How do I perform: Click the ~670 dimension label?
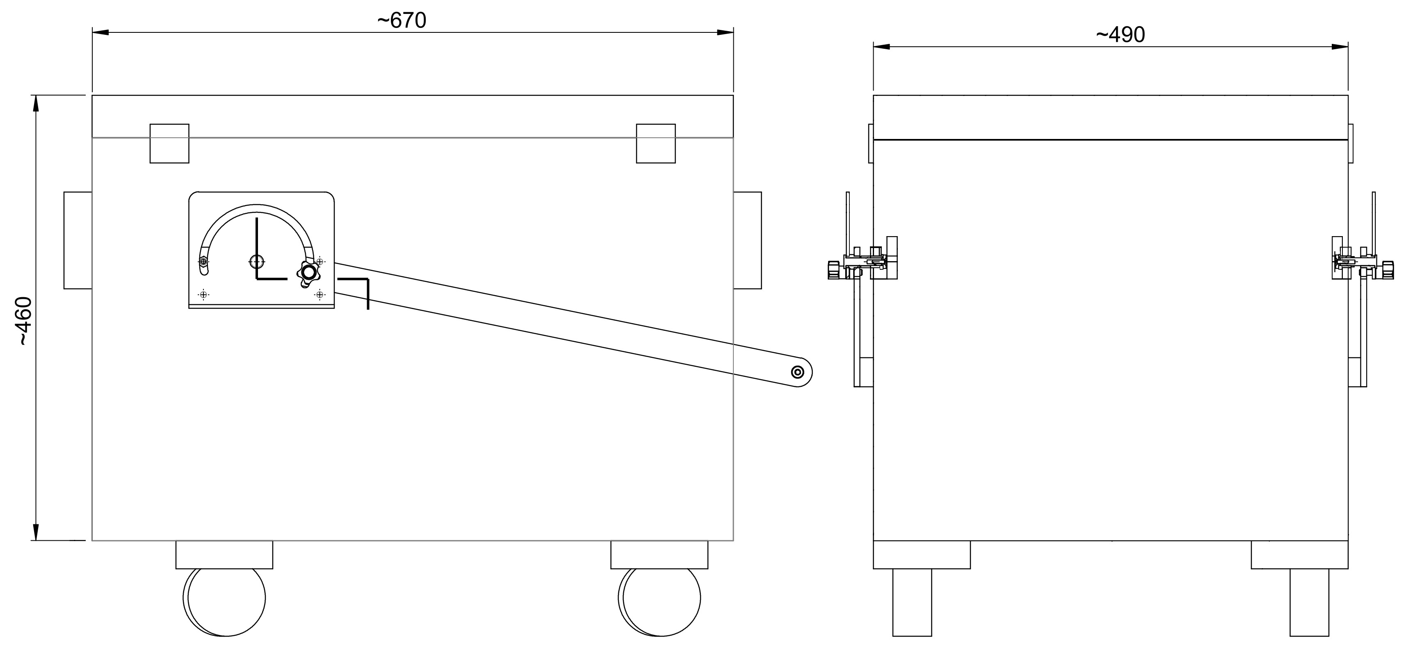401,21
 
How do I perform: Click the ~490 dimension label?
1120,35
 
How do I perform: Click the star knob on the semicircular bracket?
309,272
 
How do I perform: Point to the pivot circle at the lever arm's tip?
797,372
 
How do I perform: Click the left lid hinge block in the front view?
169,143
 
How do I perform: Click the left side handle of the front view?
78,240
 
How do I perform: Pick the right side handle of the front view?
747,240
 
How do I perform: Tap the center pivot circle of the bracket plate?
256,262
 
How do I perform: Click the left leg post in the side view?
912,603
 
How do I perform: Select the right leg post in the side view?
1309,603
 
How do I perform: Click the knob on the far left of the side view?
833,270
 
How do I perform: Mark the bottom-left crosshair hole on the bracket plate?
203,295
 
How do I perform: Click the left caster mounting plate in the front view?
224,555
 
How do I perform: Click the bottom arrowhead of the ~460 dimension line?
36,532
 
